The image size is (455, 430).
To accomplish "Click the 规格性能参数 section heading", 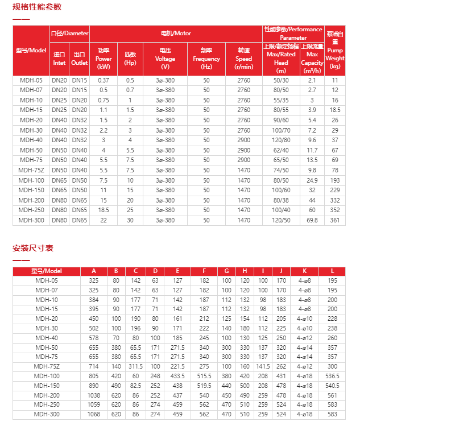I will tap(37, 7).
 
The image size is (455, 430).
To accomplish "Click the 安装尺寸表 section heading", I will tap(33, 248).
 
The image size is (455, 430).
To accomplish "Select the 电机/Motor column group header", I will tap(176, 34).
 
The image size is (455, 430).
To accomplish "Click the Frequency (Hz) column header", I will tap(206, 59).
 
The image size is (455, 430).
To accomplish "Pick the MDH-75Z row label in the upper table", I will tap(31, 170).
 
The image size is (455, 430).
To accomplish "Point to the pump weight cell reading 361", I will tap(335, 220).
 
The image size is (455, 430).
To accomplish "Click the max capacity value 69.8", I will tap(312, 220).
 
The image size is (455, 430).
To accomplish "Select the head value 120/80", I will tap(281, 140).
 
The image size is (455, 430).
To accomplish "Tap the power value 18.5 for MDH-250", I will tap(104, 210).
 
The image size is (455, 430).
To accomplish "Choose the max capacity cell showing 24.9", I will tap(312, 180).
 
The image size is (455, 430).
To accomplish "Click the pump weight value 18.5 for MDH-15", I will tap(335, 110).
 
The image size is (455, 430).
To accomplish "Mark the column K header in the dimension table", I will tap(305, 271).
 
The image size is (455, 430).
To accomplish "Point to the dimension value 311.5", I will tap(135, 367).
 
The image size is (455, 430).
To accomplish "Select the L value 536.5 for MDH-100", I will tap(332, 376).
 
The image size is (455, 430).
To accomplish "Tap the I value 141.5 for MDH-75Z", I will tap(263, 367).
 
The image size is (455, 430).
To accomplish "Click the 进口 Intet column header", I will tap(60, 59).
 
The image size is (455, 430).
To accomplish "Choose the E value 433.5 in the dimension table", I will tap(178, 376).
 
